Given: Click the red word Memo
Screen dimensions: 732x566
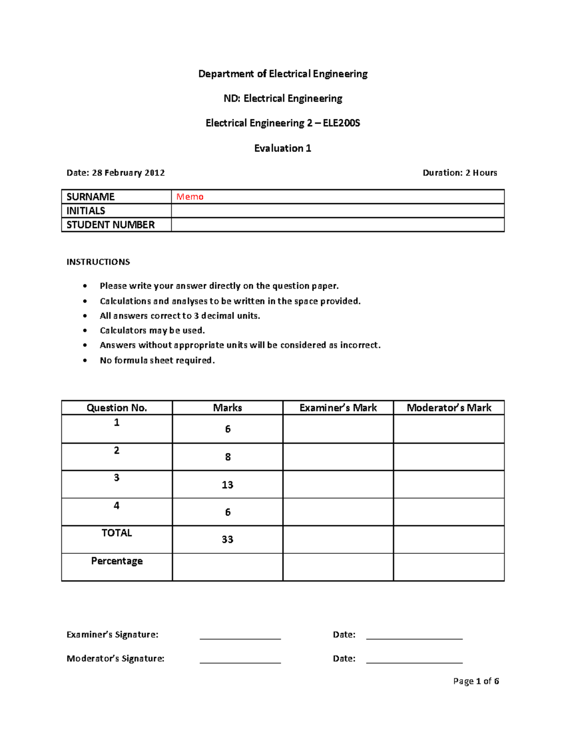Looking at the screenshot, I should point(190,197).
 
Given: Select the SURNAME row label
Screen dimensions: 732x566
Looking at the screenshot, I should point(91,197).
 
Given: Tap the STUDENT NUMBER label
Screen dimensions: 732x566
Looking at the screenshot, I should point(110,225).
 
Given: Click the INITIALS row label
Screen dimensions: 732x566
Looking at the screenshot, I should point(86,211).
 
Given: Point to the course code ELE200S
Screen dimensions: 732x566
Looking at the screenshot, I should point(341,123).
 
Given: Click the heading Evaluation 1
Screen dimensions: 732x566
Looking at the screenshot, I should point(283,148).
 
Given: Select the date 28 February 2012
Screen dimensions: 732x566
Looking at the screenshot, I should point(128,173).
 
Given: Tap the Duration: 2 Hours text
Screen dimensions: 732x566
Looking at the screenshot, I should point(460,173).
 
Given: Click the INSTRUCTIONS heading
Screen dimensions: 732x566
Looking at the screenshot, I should point(98,262).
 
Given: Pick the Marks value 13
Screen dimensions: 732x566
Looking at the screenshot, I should point(227,485).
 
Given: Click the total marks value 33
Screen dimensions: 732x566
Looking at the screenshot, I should point(227,539).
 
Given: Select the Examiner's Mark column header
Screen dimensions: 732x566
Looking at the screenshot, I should point(338,408).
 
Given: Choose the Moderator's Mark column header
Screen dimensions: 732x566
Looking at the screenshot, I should point(449,408).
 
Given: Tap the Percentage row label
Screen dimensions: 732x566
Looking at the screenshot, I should point(117,561).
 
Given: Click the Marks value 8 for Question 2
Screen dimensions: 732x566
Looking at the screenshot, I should point(228,457).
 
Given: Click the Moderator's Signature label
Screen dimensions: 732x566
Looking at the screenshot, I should point(116,658).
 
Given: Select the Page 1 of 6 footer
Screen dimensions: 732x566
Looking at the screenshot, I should point(476,681).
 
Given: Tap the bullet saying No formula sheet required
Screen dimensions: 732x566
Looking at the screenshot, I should point(157,360).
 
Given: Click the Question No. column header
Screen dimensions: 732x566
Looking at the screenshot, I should point(117,408).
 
